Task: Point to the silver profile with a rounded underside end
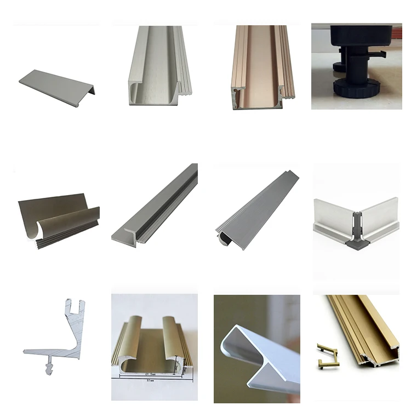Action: click(258, 206)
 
